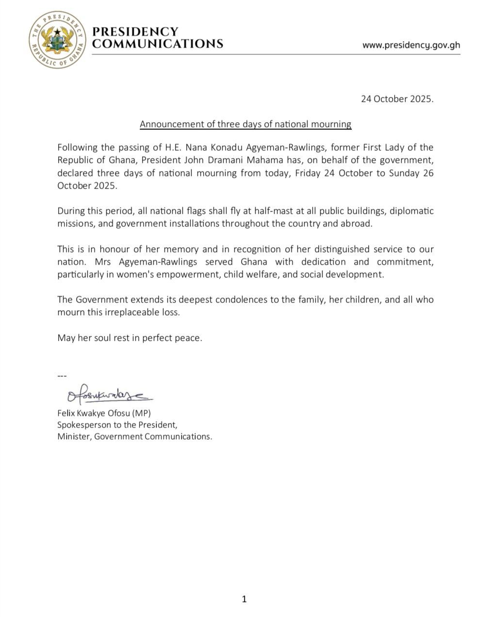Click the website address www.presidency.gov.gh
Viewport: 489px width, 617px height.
[x=411, y=45]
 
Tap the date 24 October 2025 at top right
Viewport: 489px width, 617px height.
[x=397, y=99]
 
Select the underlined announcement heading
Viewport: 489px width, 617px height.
[x=245, y=124]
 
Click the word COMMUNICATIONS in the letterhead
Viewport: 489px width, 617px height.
[x=158, y=44]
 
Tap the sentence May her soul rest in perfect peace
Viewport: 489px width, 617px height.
[x=130, y=338]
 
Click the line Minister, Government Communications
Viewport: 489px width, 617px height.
[x=134, y=436]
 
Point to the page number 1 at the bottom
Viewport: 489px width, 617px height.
[x=244, y=600]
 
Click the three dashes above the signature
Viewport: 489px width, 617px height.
[x=62, y=376]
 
